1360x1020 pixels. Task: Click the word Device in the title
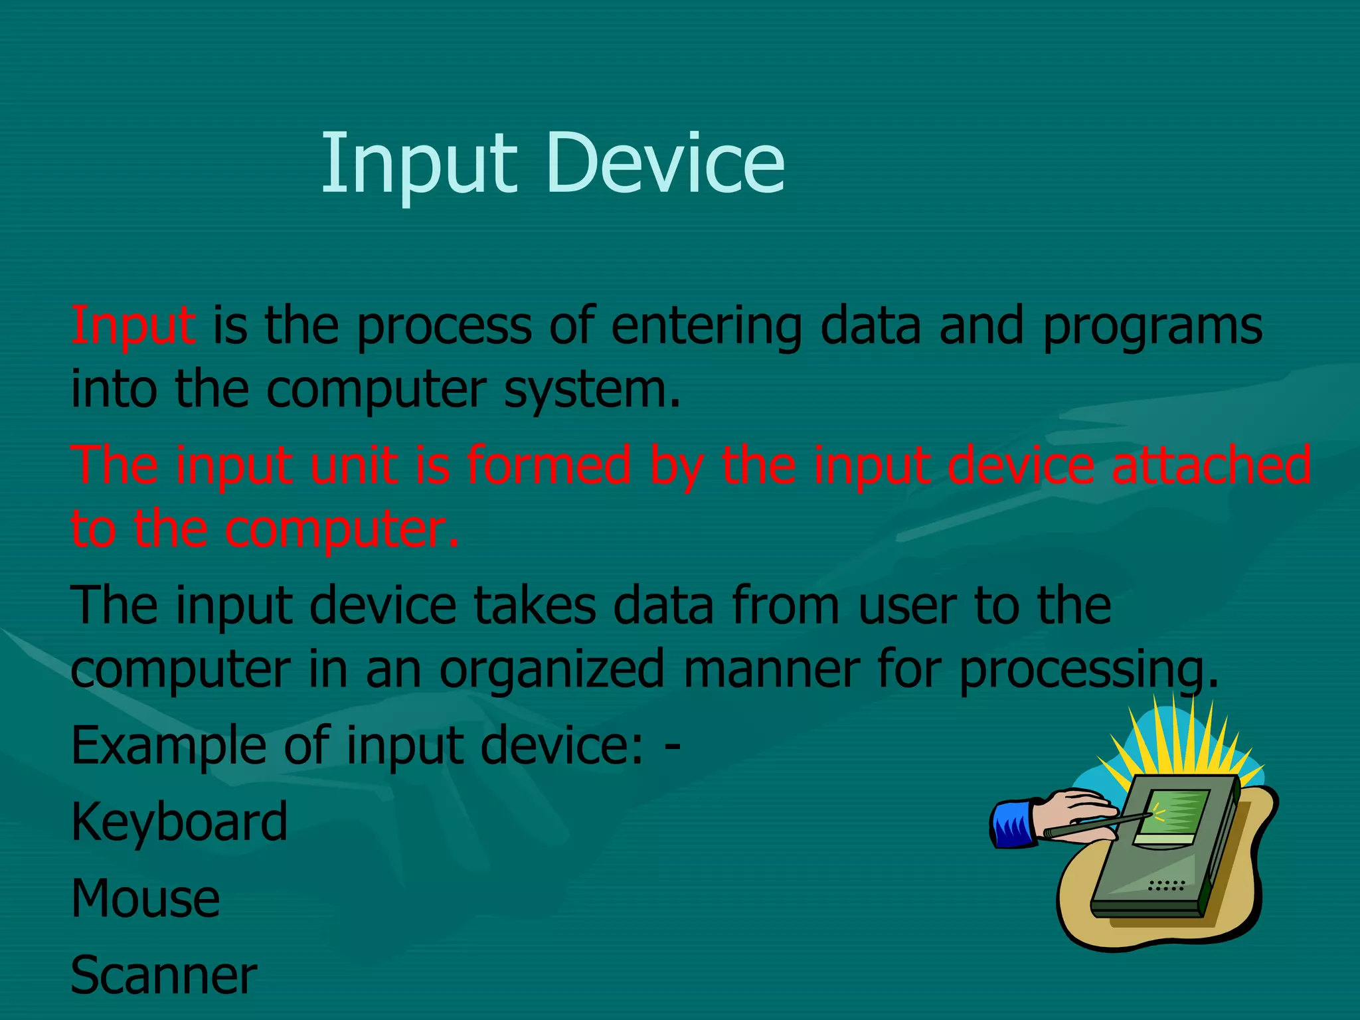(x=667, y=163)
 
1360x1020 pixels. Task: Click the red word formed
(x=549, y=465)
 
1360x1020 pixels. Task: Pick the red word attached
(x=1211, y=465)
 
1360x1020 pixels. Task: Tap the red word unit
(x=353, y=465)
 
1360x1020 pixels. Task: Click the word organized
(x=551, y=669)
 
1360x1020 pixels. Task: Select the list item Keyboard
(x=179, y=822)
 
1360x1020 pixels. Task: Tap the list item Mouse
(x=145, y=898)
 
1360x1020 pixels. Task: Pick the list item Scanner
(x=163, y=976)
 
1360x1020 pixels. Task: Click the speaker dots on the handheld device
(x=1166, y=885)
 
